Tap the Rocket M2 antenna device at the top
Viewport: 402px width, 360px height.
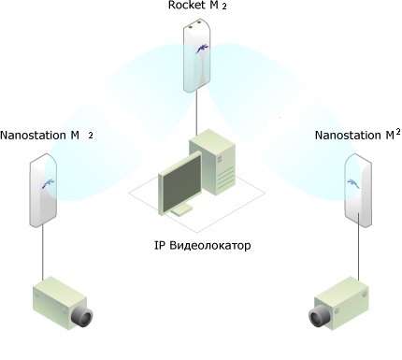coord(196,56)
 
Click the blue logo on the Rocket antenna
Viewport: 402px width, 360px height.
coord(202,49)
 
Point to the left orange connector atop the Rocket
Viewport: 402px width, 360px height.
coord(191,27)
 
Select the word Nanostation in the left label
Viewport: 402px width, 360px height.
coord(33,136)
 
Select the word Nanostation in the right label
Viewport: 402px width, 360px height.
coord(349,136)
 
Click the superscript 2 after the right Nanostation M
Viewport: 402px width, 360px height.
coord(398,132)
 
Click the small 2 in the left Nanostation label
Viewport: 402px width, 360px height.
coord(91,136)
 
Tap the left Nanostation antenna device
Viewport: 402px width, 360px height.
coord(43,190)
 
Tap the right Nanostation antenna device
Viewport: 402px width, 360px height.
coord(358,190)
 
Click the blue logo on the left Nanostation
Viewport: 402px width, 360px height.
coord(49,183)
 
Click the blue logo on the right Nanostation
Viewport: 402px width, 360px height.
coord(353,183)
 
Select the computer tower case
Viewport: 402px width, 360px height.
coord(212,163)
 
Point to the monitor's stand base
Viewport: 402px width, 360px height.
coord(181,211)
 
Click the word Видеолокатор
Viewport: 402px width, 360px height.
coord(210,246)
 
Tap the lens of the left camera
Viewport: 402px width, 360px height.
coord(82,317)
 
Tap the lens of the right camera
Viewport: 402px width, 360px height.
coord(320,316)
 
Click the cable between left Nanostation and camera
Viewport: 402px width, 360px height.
coord(43,252)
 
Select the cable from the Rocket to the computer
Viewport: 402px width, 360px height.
coord(196,114)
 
